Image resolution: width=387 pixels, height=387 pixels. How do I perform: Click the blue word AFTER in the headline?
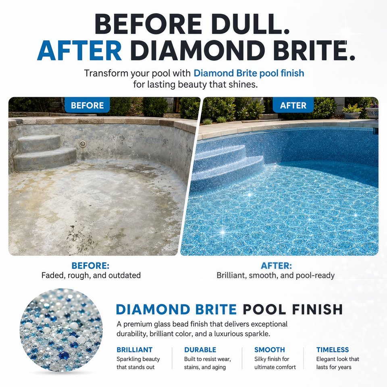(79, 50)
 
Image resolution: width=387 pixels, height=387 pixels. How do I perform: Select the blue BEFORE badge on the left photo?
(87, 105)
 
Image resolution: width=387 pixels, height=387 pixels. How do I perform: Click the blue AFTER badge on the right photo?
(293, 105)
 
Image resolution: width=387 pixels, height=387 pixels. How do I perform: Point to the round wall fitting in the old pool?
(83, 144)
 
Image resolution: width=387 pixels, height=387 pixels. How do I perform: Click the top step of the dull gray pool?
(39, 144)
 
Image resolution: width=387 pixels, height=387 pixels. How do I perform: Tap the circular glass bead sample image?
(61, 330)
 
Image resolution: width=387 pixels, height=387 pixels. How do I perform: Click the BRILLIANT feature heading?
(135, 350)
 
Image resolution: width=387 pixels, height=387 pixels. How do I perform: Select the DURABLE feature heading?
(200, 350)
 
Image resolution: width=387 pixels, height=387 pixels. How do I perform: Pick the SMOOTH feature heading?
(270, 350)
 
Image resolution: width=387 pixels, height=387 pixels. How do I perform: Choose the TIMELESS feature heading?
(333, 350)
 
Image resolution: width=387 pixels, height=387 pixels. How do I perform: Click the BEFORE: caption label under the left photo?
(90, 266)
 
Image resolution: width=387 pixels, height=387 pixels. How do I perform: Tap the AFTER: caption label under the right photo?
(276, 266)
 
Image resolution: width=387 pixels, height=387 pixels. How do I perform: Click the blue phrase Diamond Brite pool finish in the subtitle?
(249, 73)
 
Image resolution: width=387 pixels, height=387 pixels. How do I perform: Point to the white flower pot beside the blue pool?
(352, 115)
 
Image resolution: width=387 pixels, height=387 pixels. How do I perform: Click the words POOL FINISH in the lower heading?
(293, 309)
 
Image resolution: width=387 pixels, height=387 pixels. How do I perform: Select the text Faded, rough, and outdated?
(91, 275)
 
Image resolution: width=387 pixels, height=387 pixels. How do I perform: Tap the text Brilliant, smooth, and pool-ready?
(275, 275)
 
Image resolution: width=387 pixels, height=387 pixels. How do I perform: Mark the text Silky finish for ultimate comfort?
(275, 363)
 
